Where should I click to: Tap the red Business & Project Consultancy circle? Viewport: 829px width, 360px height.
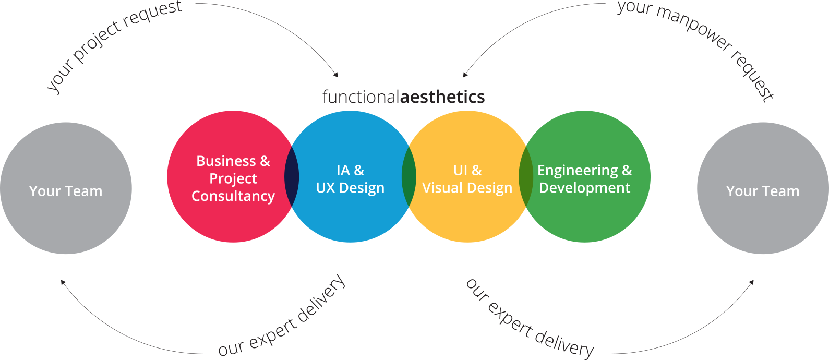pos(230,219)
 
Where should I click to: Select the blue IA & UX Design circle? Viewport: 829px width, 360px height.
pos(350,219)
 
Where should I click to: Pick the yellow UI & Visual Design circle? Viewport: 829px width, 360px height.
pos(467,219)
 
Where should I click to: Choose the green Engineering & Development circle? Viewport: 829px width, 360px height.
pos(585,219)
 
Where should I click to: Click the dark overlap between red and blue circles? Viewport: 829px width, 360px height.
pos(292,177)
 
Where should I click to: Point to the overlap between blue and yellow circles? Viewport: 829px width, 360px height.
pos(409,177)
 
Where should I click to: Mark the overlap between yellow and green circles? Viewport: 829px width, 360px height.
pos(526,177)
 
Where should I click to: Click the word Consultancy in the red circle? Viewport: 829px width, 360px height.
pos(233,196)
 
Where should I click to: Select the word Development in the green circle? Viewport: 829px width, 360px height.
pos(585,188)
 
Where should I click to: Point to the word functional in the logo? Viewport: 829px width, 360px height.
pos(360,97)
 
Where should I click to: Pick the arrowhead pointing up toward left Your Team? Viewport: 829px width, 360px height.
pos(63,282)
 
